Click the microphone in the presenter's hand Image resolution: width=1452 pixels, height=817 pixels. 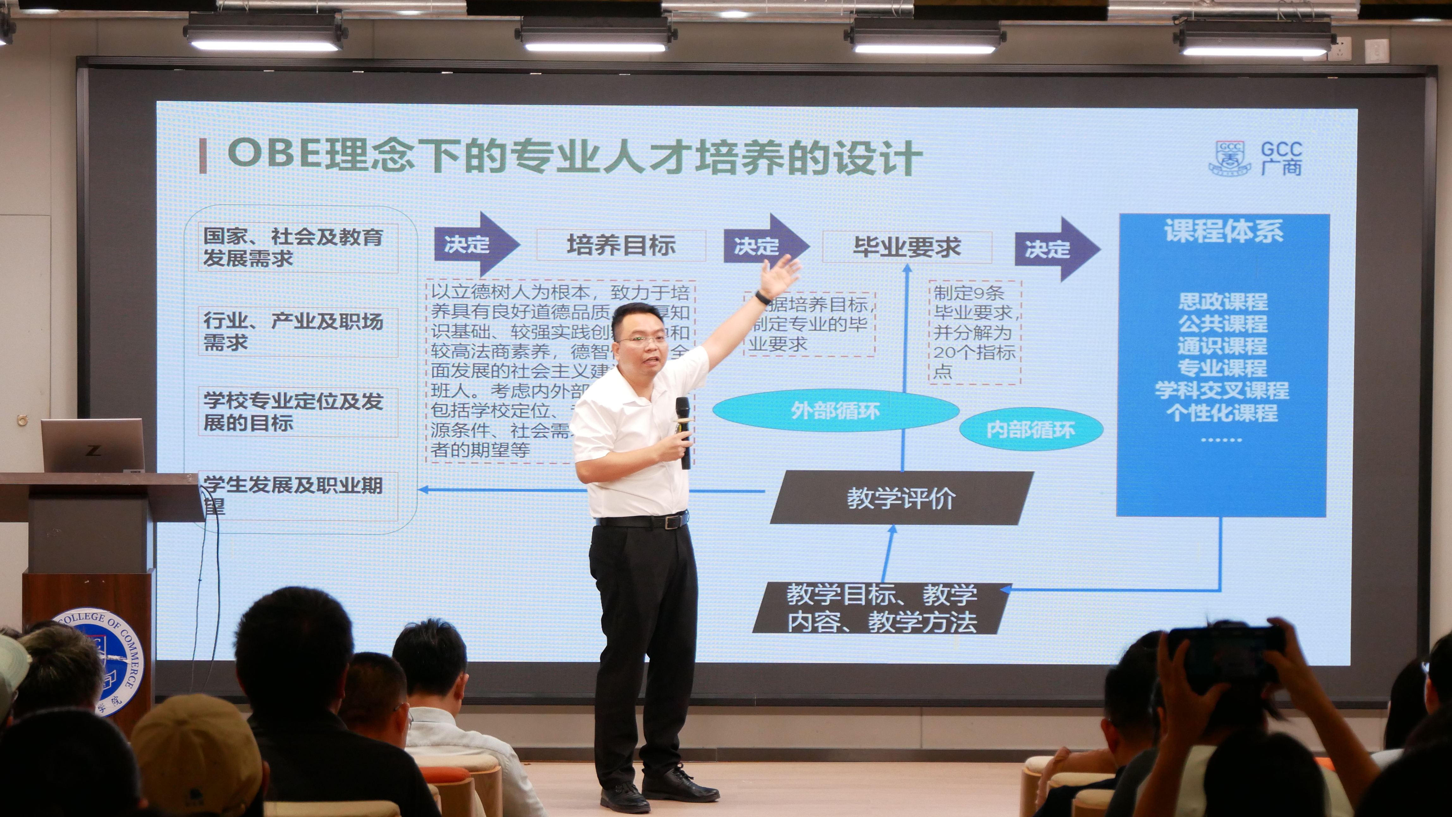pos(683,431)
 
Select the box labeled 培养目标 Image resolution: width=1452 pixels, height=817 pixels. pos(621,246)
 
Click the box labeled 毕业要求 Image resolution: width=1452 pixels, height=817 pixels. pos(907,247)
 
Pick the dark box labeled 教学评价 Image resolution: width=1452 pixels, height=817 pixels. pos(901,498)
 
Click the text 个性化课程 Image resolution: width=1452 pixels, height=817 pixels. pos(1222,413)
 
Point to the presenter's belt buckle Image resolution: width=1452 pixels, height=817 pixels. pos(671,522)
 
